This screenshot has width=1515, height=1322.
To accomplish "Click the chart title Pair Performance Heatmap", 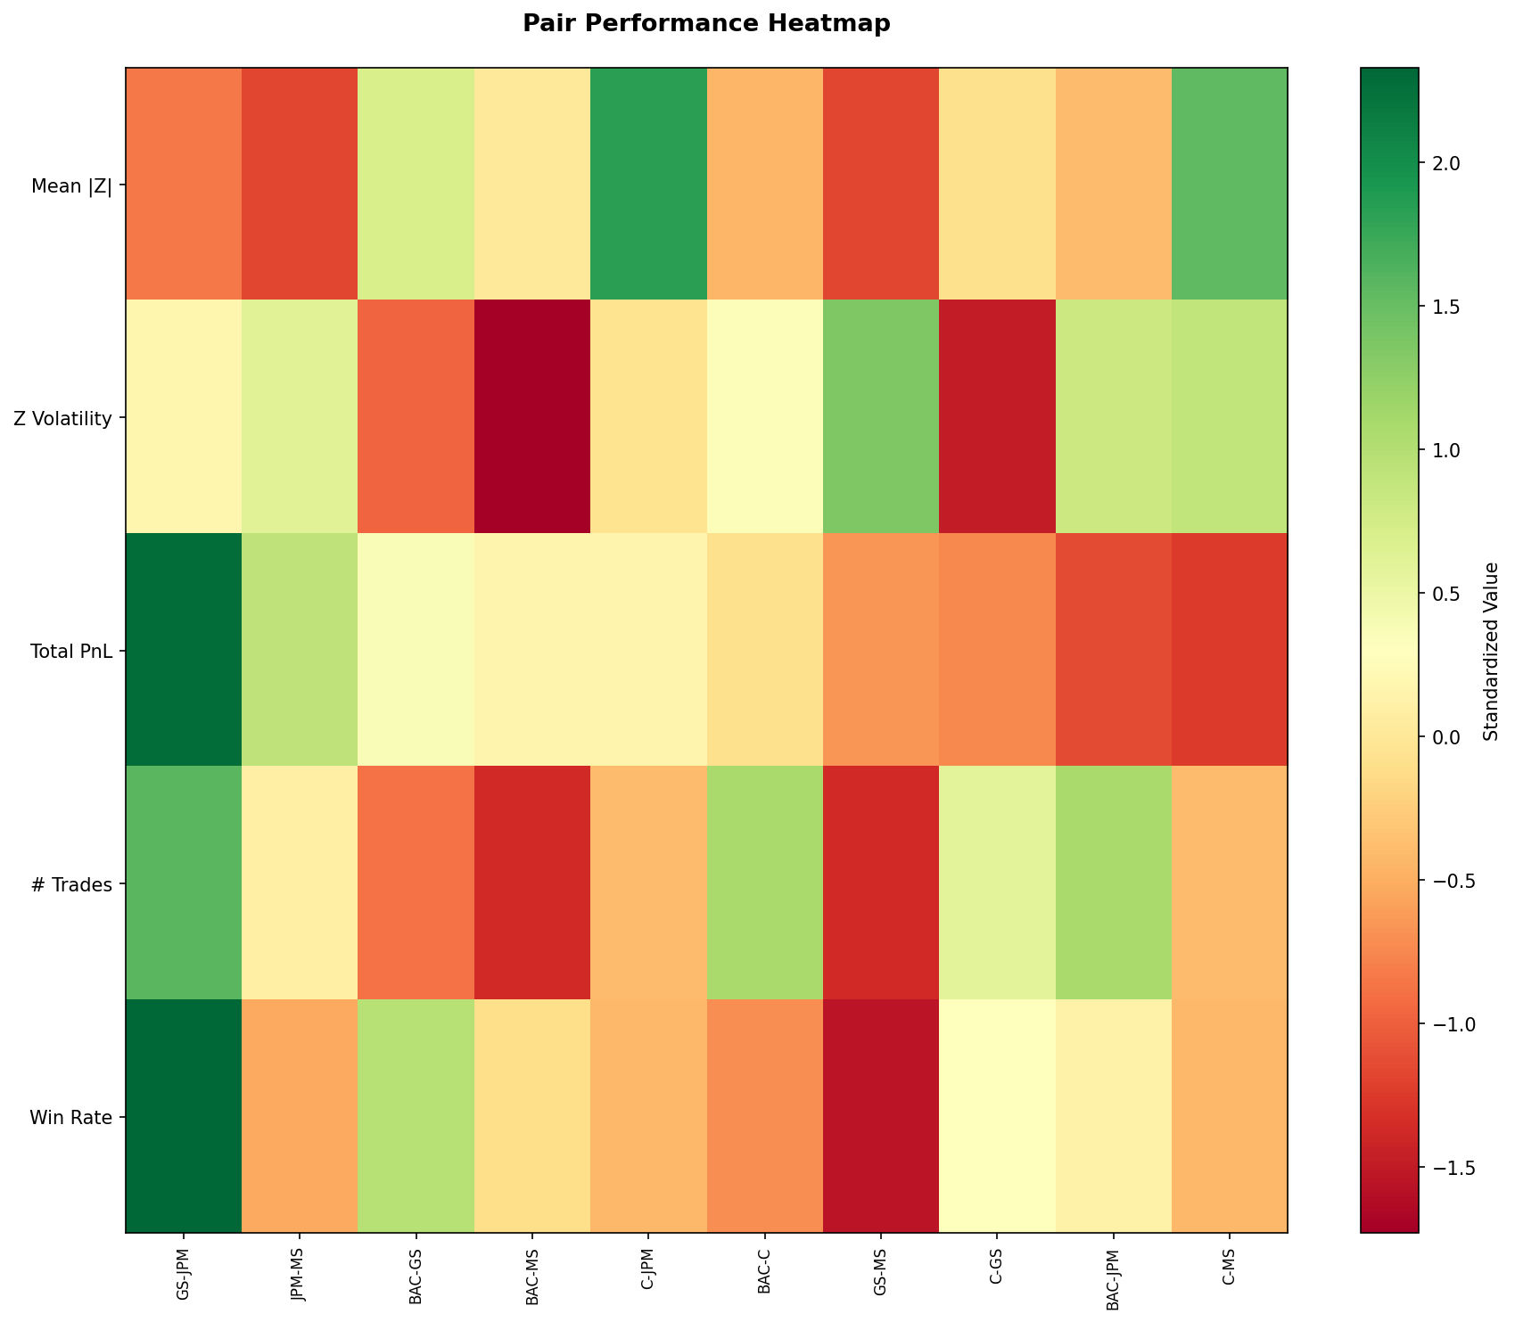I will click(706, 24).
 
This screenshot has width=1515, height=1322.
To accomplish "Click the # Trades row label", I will click(75, 885).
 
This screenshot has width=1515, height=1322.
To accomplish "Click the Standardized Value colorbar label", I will click(1489, 651).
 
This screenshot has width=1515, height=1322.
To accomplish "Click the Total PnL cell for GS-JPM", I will click(184, 650).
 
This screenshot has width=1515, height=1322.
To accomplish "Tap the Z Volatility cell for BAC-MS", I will click(532, 416).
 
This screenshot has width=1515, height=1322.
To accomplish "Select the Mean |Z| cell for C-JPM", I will click(648, 184).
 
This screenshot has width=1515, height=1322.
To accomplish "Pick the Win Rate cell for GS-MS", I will click(880, 1116).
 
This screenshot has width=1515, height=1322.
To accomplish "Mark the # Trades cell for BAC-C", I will click(764, 883).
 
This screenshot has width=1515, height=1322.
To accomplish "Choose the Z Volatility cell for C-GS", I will click(997, 416).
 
